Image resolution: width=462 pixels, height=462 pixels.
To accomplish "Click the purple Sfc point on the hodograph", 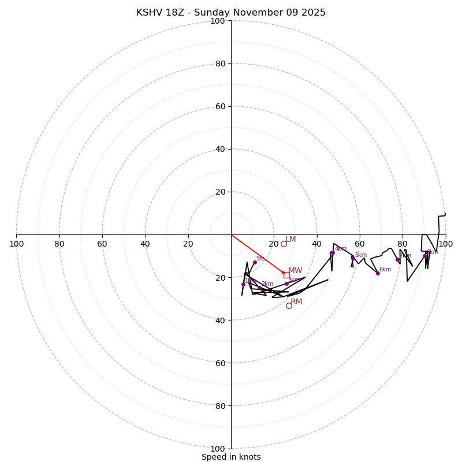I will pyautogui.click(x=255, y=262).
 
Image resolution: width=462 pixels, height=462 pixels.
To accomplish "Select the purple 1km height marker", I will pyautogui.click(x=243, y=284).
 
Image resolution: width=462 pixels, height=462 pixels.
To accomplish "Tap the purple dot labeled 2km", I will pyautogui.click(x=259, y=288).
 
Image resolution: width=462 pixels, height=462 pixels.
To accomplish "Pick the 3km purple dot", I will pyautogui.click(x=286, y=284).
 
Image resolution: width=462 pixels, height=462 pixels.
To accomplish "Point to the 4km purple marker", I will pyautogui.click(x=333, y=252).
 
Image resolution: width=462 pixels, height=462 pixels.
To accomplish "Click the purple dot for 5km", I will pyautogui.click(x=353, y=258).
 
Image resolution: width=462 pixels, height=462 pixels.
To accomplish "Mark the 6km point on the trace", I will pyautogui.click(x=378, y=273).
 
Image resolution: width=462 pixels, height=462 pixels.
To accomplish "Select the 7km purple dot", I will pyautogui.click(x=397, y=259).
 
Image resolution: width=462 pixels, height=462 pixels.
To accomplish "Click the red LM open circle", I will pyautogui.click(x=284, y=244).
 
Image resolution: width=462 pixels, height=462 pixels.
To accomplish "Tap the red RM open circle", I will pyautogui.click(x=289, y=305).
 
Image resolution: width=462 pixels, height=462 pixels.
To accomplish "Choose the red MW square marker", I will pyautogui.click(x=286, y=275).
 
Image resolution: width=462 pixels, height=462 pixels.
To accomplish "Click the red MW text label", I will pyautogui.click(x=295, y=270).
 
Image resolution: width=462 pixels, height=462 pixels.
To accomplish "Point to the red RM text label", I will pyautogui.click(x=296, y=301).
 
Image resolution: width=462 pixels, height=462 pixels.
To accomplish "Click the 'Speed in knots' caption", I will pyautogui.click(x=231, y=457).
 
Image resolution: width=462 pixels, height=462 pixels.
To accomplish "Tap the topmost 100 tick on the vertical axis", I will pyautogui.click(x=218, y=21).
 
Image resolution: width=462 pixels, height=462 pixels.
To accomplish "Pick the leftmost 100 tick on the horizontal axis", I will pyautogui.click(x=16, y=244).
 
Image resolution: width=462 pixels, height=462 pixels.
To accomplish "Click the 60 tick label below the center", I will pyautogui.click(x=221, y=363).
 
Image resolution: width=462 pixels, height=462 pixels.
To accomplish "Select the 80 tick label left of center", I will pyautogui.click(x=59, y=244).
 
